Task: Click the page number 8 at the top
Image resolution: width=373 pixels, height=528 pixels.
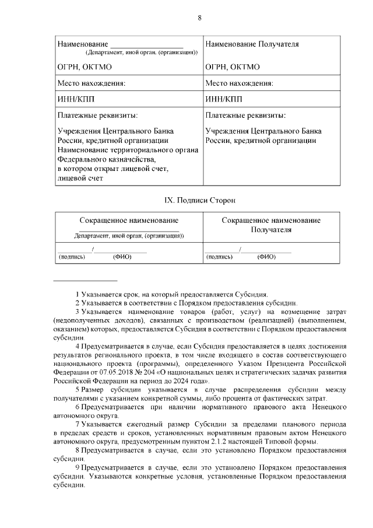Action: coord(199,18)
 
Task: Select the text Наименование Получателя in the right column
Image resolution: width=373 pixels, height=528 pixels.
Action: coord(252,44)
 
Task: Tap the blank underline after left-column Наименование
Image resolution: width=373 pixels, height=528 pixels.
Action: coord(147,44)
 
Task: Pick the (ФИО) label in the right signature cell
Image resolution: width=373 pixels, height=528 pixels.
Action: coord(266,256)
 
